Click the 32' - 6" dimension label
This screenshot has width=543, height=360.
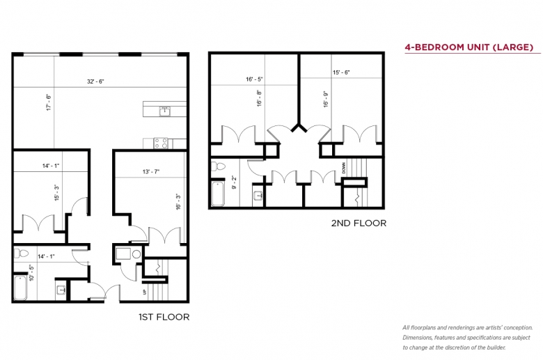95,81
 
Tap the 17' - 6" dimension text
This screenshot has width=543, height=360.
49,102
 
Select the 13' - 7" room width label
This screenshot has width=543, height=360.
151,171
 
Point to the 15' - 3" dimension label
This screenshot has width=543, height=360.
57,192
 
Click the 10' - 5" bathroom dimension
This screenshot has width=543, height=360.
31,273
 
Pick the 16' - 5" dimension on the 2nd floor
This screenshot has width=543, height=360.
254,79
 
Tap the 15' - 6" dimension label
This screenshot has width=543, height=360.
341,72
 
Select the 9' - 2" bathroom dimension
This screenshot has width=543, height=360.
234,182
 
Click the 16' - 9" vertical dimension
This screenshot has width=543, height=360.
326,100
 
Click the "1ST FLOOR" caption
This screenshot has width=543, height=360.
164,317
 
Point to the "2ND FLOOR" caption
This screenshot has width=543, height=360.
359,223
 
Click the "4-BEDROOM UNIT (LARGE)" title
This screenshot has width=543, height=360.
469,47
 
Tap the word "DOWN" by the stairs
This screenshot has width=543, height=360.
343,168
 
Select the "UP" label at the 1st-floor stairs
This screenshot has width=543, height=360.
144,292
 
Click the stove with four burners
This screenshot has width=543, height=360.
161,143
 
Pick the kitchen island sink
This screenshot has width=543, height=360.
165,111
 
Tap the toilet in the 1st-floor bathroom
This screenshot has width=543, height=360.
21,253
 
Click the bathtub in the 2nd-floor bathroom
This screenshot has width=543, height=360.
218,194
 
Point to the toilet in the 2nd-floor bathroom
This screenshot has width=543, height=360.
218,166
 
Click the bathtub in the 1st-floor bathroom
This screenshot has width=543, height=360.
20,288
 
